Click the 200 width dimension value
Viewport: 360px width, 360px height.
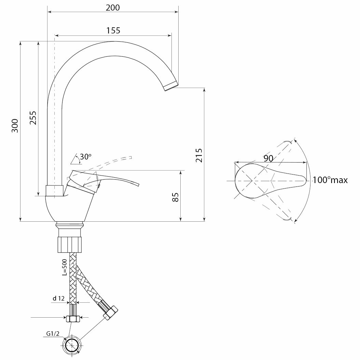[113, 8]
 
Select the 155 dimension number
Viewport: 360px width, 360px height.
[113, 30]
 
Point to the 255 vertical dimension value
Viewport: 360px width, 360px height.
[32, 118]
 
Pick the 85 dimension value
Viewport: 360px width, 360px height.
[175, 197]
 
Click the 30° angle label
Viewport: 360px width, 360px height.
[85, 157]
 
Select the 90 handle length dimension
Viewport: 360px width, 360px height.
[268, 158]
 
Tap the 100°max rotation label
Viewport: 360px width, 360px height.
[330, 180]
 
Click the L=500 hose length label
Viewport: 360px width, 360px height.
[65, 267]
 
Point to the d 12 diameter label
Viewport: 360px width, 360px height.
[58, 298]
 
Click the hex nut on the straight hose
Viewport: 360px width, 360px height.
[73, 319]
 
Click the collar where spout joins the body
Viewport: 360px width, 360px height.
[55, 191]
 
